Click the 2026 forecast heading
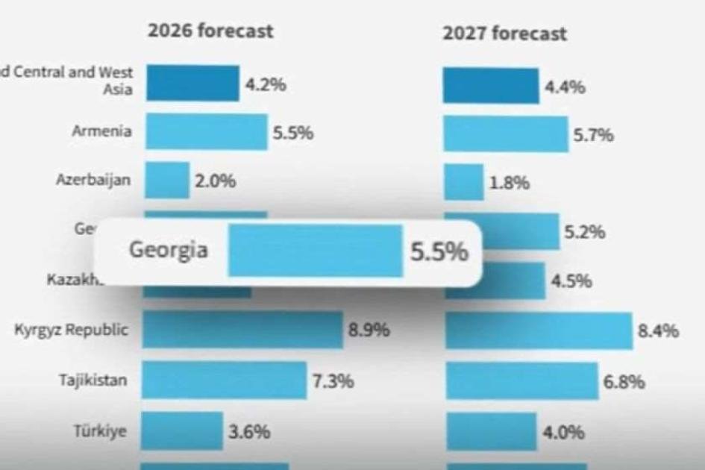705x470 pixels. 210,31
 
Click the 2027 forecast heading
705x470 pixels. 504,34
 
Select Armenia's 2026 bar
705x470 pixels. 206,132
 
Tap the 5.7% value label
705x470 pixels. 593,135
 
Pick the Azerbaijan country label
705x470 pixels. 94,179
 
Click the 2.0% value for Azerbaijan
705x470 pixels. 216,181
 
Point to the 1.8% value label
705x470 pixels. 510,183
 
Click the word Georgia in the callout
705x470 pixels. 169,249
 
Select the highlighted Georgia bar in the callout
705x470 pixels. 315,251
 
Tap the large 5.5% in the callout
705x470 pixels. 439,252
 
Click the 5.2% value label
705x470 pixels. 584,233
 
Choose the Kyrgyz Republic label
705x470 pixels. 72,330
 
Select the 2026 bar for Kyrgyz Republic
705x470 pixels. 242,330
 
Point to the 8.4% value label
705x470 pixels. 658,330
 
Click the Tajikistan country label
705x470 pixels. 93,380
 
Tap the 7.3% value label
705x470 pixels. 333,381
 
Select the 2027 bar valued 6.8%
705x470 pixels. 522,381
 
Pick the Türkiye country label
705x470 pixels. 100,431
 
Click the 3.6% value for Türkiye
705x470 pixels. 249,432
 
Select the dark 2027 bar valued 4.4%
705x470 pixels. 491,86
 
